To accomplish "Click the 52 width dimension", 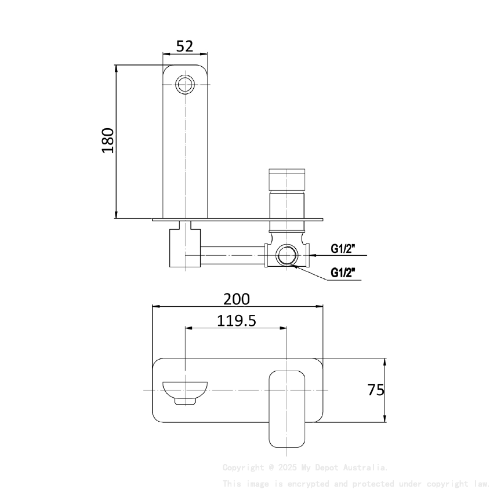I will pyautogui.click(x=184, y=46).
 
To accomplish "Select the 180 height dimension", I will pyautogui.click(x=108, y=140).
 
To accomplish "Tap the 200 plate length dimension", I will pyautogui.click(x=237, y=299).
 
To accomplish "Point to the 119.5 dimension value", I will pyautogui.click(x=237, y=320).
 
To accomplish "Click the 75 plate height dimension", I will pyautogui.click(x=376, y=390).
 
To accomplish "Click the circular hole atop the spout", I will pyautogui.click(x=185, y=84).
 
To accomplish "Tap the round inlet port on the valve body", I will pyautogui.click(x=286, y=255).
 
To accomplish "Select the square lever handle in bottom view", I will pyautogui.click(x=288, y=408).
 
